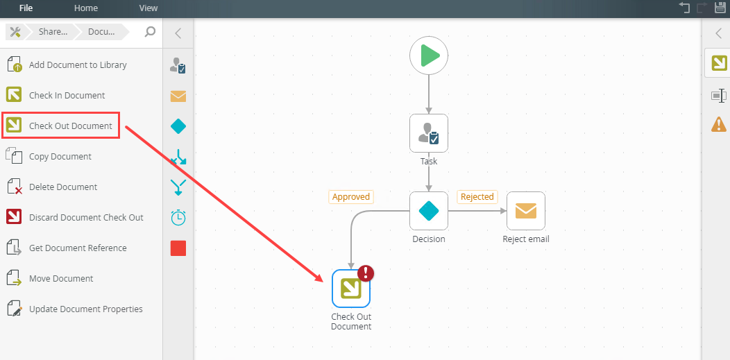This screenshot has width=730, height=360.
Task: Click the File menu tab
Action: [26, 8]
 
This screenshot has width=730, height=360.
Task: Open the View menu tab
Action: [148, 8]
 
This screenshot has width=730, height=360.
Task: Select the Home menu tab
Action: [86, 8]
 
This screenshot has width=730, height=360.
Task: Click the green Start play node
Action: [429, 55]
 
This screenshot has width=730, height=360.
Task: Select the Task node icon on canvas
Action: [429, 133]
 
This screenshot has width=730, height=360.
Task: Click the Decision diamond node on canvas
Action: [429, 211]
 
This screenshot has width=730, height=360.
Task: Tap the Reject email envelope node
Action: [526, 211]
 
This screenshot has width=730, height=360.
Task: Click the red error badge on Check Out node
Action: [366, 273]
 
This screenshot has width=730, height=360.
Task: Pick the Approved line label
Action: [351, 197]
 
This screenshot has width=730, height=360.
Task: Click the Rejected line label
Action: [477, 197]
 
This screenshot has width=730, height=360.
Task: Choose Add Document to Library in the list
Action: [78, 65]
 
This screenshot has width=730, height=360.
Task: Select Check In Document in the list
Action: [67, 96]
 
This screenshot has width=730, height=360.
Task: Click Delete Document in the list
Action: [62, 187]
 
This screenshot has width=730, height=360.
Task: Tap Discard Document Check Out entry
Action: [86, 218]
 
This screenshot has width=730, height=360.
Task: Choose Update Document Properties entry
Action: [85, 309]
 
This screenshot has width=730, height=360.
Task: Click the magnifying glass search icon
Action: [150, 32]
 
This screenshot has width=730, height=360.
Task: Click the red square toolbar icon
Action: [178, 248]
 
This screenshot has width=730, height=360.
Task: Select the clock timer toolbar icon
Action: [178, 217]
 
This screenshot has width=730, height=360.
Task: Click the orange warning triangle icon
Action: [719, 124]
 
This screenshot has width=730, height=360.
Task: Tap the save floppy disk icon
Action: [720, 8]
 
